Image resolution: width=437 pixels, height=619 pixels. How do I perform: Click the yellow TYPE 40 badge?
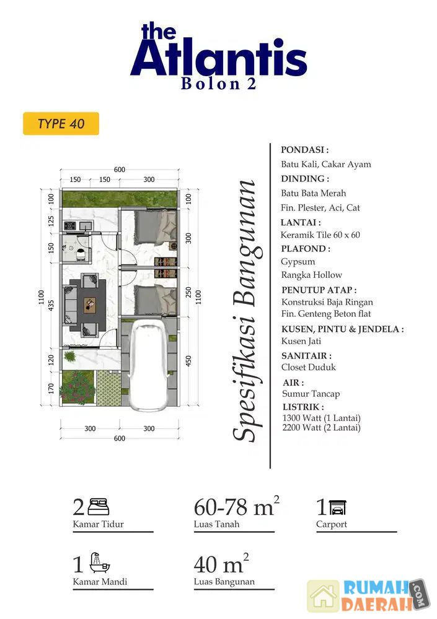(x=61, y=124)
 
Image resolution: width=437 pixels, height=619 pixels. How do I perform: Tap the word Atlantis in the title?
(x=219, y=56)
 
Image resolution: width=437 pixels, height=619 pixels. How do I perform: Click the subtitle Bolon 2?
(x=219, y=84)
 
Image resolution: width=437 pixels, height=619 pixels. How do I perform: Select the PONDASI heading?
(x=304, y=150)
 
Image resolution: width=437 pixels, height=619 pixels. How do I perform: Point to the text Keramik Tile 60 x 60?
(x=320, y=235)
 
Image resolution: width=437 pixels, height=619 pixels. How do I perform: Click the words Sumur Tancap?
(x=311, y=394)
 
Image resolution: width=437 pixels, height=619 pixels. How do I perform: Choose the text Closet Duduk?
(x=309, y=367)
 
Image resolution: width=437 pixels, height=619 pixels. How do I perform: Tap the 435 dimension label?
(x=51, y=305)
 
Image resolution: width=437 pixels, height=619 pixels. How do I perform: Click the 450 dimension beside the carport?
(x=188, y=361)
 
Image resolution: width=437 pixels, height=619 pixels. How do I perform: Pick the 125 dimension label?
(x=51, y=221)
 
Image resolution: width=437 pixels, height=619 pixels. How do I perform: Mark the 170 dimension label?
(x=51, y=389)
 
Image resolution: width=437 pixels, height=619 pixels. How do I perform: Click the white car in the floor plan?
(x=149, y=365)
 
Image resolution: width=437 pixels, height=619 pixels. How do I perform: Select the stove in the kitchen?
(x=70, y=226)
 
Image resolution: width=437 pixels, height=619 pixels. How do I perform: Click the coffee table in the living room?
(x=90, y=304)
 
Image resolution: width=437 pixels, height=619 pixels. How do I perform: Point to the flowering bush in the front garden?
(x=77, y=387)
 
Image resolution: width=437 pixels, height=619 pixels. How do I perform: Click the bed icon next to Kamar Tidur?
(x=98, y=507)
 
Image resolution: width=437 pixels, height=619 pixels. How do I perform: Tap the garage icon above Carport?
(x=337, y=508)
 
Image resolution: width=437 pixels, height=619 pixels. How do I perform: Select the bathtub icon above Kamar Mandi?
(x=100, y=563)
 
